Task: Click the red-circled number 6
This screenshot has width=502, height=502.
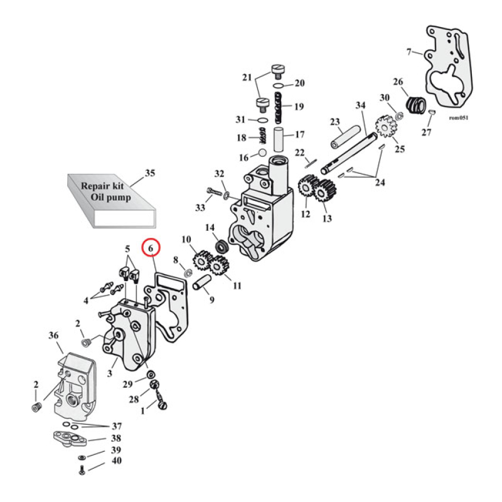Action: tap(151, 248)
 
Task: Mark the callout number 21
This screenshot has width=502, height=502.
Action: tap(246, 78)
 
